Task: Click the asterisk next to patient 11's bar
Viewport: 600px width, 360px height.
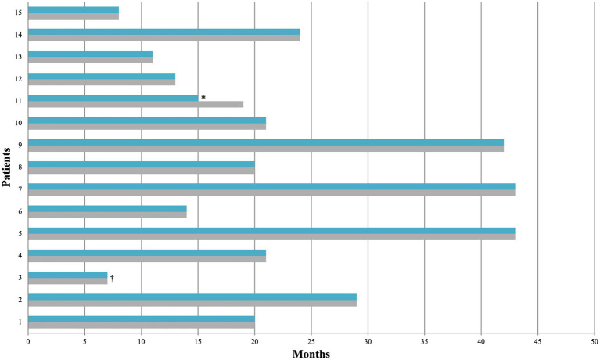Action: click(203, 98)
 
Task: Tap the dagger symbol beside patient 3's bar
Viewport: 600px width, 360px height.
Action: click(113, 277)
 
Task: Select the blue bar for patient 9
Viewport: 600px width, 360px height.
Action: click(266, 142)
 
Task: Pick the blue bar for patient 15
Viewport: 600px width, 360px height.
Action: click(74, 10)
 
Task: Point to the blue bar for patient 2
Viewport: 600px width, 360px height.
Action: click(192, 297)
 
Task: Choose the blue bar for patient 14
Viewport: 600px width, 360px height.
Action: click(164, 32)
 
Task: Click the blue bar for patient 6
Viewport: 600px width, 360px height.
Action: click(107, 208)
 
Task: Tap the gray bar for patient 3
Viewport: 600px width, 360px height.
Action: click(67, 280)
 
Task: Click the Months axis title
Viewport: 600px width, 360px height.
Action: click(311, 354)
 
